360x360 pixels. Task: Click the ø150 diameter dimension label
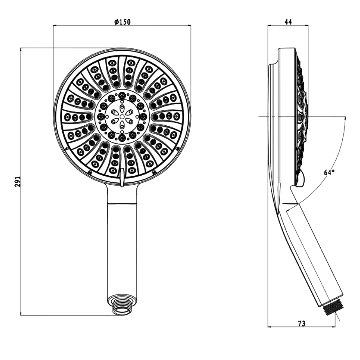click(122, 22)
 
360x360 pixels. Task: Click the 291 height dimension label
click(18, 181)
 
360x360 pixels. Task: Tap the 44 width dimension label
click(288, 22)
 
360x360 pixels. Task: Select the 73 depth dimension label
click(302, 324)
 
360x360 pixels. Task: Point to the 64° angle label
click(329, 172)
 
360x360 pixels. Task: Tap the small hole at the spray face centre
click(122, 117)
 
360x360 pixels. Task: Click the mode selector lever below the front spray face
click(122, 177)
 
